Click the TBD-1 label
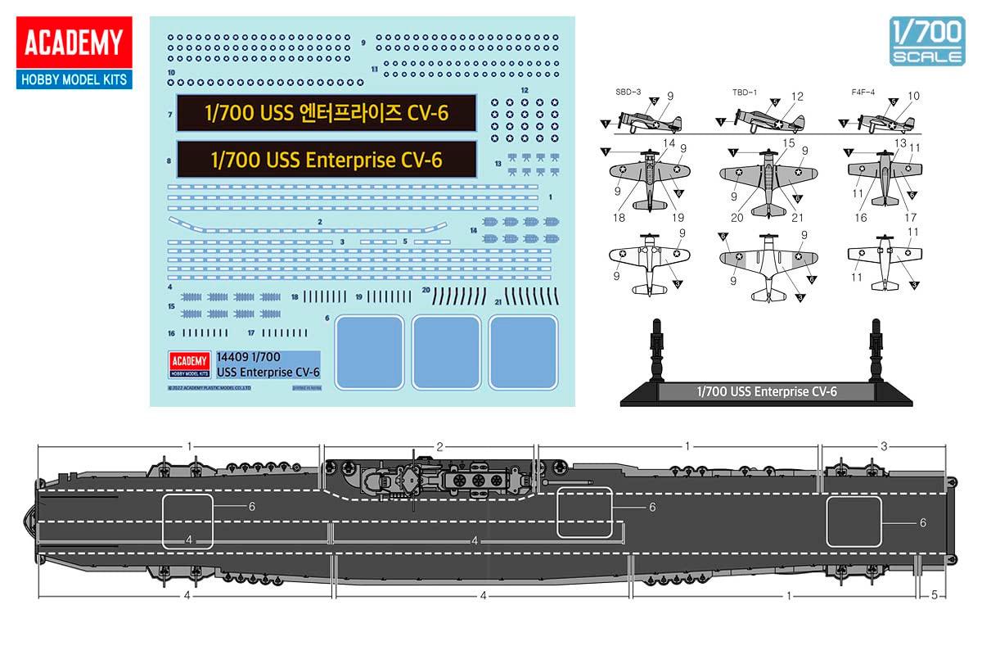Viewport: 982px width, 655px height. coord(745,92)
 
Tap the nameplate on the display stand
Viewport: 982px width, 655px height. coord(766,392)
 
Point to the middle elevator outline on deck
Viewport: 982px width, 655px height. coord(584,513)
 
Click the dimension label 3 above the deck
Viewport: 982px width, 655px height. coord(884,446)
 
